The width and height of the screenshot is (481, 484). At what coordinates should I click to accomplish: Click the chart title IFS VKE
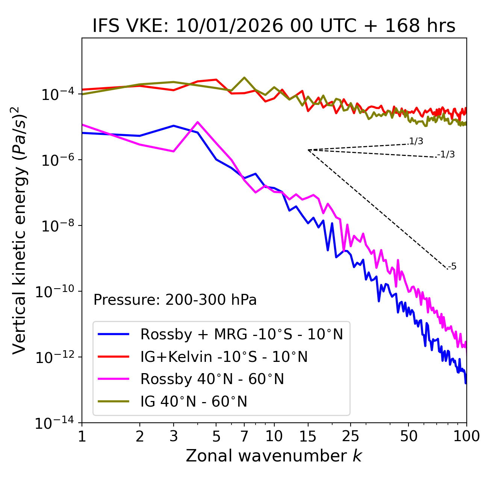click(x=274, y=26)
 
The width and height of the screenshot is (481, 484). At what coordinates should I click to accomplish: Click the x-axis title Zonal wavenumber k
click(x=274, y=455)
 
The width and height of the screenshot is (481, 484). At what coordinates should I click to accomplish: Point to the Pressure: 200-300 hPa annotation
click(x=175, y=300)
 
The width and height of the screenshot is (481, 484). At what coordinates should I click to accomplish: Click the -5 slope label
click(x=452, y=267)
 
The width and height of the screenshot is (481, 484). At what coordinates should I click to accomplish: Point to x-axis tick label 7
click(x=244, y=436)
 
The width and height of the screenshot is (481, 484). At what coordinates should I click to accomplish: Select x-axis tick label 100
click(x=466, y=436)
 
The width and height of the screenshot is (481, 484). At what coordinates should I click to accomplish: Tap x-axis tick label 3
click(x=174, y=436)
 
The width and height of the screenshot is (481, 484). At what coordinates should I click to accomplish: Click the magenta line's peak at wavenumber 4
click(x=198, y=122)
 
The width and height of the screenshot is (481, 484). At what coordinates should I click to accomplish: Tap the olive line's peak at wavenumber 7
click(x=244, y=78)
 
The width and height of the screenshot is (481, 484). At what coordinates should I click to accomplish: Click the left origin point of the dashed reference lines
click(x=308, y=150)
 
